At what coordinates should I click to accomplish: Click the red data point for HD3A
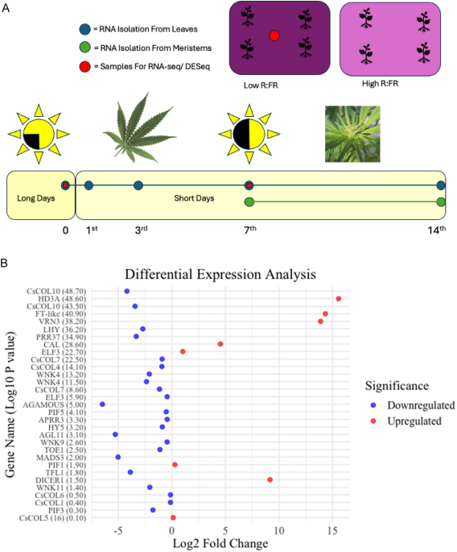pos(339,298)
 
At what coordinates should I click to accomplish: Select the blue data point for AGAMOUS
pos(102,404)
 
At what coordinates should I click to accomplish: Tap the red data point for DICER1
pos(270,479)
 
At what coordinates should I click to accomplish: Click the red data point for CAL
pos(220,344)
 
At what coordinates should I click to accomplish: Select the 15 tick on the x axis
pos(333,531)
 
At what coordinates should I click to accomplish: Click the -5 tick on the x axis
pos(117,531)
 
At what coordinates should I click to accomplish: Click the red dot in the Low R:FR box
pos(274,35)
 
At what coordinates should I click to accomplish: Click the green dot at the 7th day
pos(249,201)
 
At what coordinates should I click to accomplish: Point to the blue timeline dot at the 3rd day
pos(138,186)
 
